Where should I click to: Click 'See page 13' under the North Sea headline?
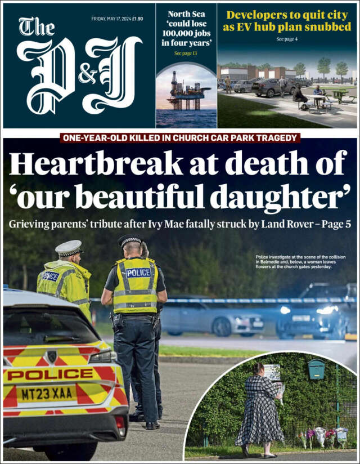point(186,53)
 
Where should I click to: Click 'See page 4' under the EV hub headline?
point(287,39)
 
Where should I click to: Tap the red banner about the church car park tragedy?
point(180,137)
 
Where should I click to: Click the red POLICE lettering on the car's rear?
point(50,374)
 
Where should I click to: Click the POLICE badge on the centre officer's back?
point(138,273)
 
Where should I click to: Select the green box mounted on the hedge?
point(316,369)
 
